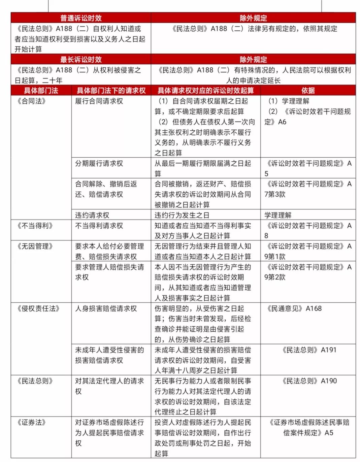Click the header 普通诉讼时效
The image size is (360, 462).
(x=81, y=18)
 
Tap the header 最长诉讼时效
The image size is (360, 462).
(x=81, y=60)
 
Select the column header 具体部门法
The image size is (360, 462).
(x=41, y=91)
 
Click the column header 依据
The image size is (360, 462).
(x=308, y=91)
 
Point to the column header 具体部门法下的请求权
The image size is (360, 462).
(x=111, y=91)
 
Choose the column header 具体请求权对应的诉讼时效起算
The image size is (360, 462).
(x=205, y=91)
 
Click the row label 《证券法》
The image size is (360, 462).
(x=31, y=422)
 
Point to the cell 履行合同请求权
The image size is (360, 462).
(x=99, y=101)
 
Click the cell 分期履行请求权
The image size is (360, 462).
(x=99, y=163)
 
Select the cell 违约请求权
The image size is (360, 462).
(x=92, y=215)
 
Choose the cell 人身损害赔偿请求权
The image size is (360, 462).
(x=106, y=308)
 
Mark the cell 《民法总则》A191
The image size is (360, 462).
(x=309, y=350)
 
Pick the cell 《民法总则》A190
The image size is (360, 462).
(x=309, y=381)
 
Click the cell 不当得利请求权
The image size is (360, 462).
(x=99, y=226)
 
